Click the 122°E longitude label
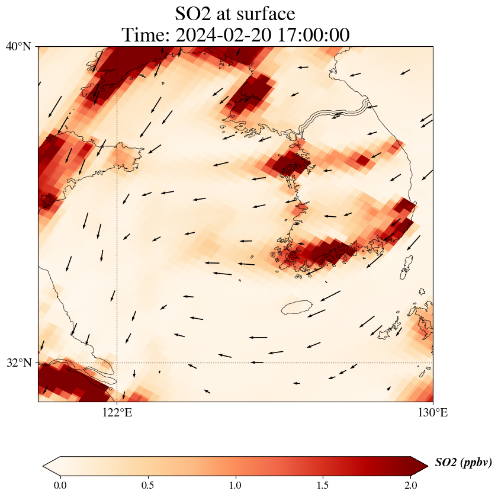click(x=117, y=413)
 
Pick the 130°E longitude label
click(x=433, y=413)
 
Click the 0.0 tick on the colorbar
click(x=60, y=485)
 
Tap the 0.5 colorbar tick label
click(x=147, y=485)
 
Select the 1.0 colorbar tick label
click(x=235, y=485)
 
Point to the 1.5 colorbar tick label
click(x=323, y=485)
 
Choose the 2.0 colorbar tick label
click(x=410, y=485)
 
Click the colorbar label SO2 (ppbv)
click(x=463, y=463)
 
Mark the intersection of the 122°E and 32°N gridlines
click(x=117, y=363)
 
